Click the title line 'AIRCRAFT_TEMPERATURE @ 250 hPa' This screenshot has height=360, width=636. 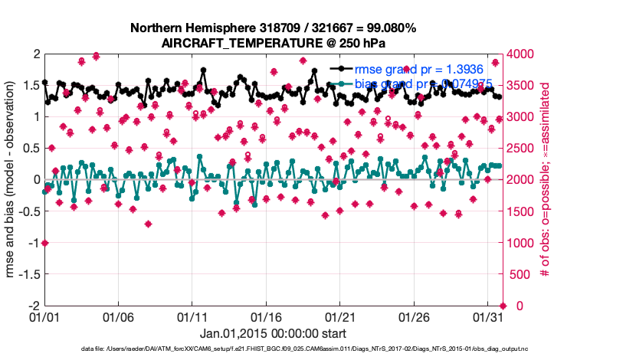coord(273,43)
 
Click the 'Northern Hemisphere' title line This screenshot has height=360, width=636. coord(273,28)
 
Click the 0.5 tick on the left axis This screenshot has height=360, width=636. coord(30,148)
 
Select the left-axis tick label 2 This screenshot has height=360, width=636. coord(36,54)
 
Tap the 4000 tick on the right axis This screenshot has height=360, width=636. coord(519,54)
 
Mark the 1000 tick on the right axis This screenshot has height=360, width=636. coord(519,243)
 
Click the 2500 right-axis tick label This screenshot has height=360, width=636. coord(519,148)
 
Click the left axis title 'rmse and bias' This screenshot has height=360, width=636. coord(11,179)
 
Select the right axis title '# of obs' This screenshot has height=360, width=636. coord(546,179)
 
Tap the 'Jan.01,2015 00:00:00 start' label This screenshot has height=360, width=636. coord(273,334)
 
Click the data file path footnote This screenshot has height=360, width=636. coord(304,349)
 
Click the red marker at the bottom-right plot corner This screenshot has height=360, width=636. coord(503,306)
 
